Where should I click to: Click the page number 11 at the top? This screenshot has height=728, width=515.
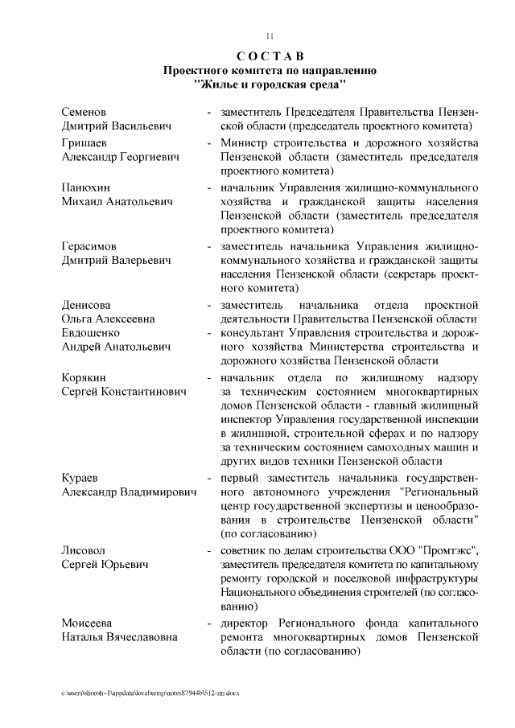[x=270, y=35]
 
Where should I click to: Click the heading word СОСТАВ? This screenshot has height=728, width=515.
[x=270, y=56]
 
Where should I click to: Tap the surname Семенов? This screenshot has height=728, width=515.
[x=84, y=111]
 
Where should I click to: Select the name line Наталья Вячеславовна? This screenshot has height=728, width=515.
[x=120, y=637]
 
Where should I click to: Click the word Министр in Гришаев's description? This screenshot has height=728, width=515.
[x=245, y=142]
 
